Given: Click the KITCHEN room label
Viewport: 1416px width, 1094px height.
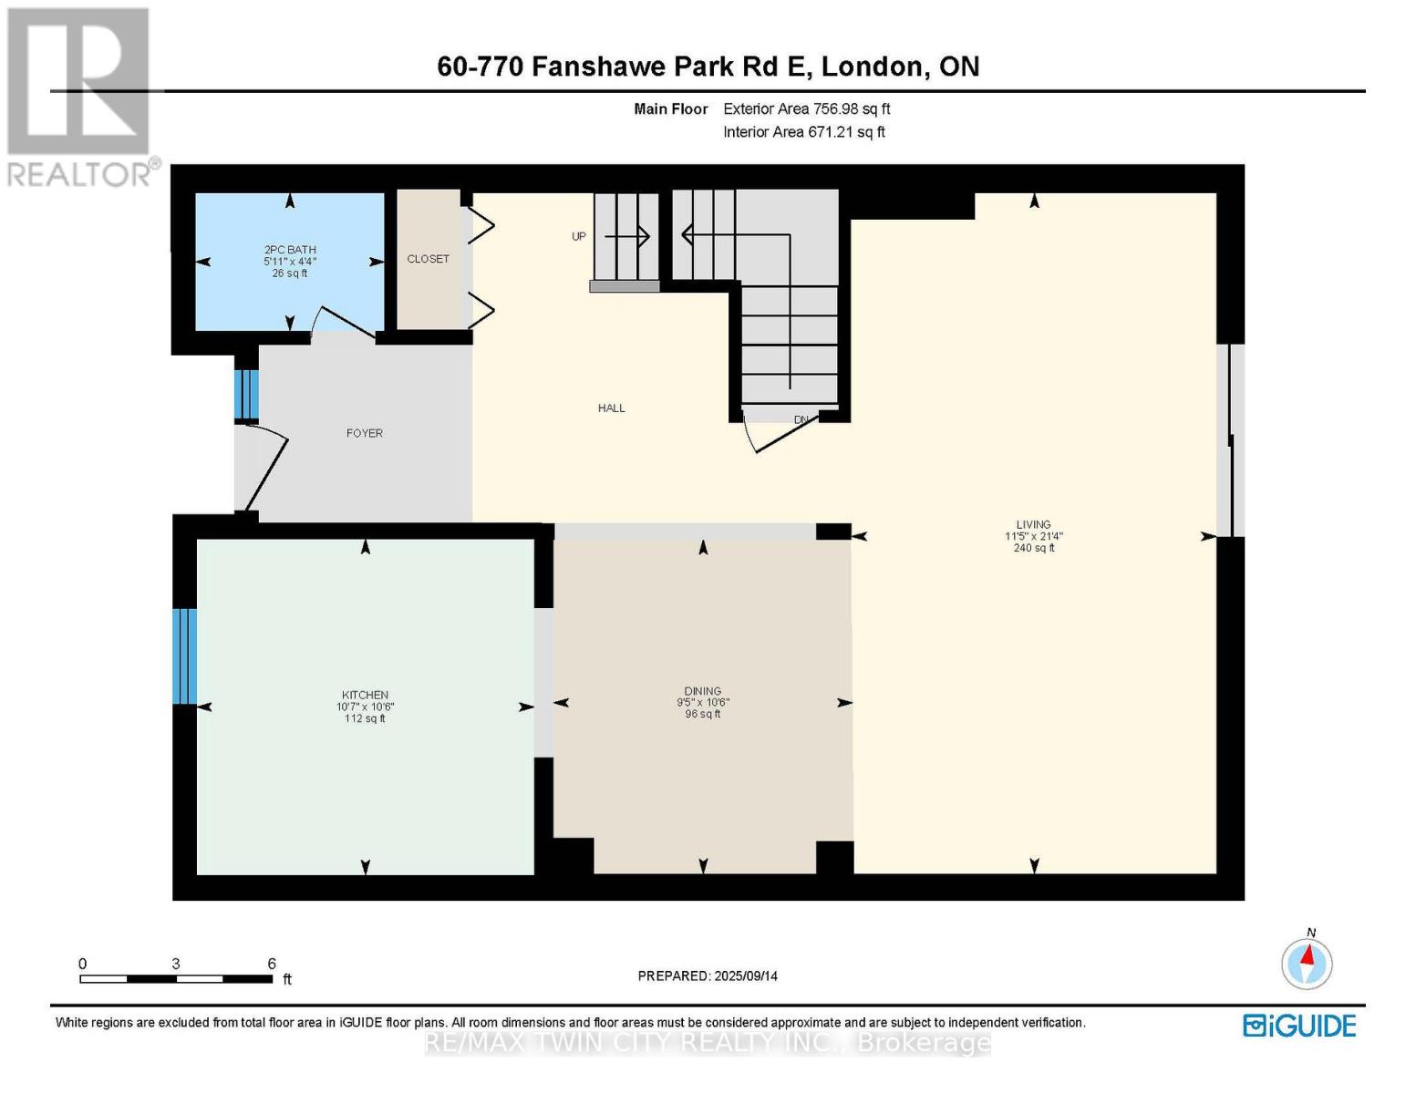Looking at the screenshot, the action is [365, 695].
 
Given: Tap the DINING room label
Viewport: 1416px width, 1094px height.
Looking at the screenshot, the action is [702, 691].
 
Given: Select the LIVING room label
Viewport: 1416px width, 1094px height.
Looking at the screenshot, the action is [1033, 524].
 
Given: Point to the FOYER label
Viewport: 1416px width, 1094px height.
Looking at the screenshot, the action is [365, 433].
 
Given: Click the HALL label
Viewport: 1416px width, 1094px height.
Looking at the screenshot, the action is [611, 408].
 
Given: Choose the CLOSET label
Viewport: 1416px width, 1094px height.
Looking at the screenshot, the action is [429, 259].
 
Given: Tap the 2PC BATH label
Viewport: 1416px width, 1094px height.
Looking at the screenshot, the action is [290, 250].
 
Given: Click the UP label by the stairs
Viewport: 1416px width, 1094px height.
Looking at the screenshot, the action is [579, 236].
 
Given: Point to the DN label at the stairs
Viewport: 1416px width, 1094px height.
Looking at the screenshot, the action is [801, 419].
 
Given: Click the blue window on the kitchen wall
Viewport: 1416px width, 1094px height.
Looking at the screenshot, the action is [184, 656].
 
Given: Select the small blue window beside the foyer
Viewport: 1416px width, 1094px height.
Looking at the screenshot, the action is [246, 394].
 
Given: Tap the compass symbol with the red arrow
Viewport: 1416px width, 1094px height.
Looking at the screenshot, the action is [1307, 964].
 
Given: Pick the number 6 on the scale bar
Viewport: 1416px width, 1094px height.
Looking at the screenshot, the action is [272, 963].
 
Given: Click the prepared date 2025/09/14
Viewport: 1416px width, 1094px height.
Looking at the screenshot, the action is [746, 976].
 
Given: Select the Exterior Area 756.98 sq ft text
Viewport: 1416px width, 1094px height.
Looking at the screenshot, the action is [807, 108].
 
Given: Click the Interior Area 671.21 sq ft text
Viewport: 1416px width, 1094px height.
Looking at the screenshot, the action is [804, 131].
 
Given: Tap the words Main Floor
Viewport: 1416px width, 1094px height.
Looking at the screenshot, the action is [670, 108].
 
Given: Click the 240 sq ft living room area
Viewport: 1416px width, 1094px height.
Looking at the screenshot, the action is [1033, 548].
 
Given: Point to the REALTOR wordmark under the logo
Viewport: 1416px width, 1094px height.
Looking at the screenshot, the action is [78, 175].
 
